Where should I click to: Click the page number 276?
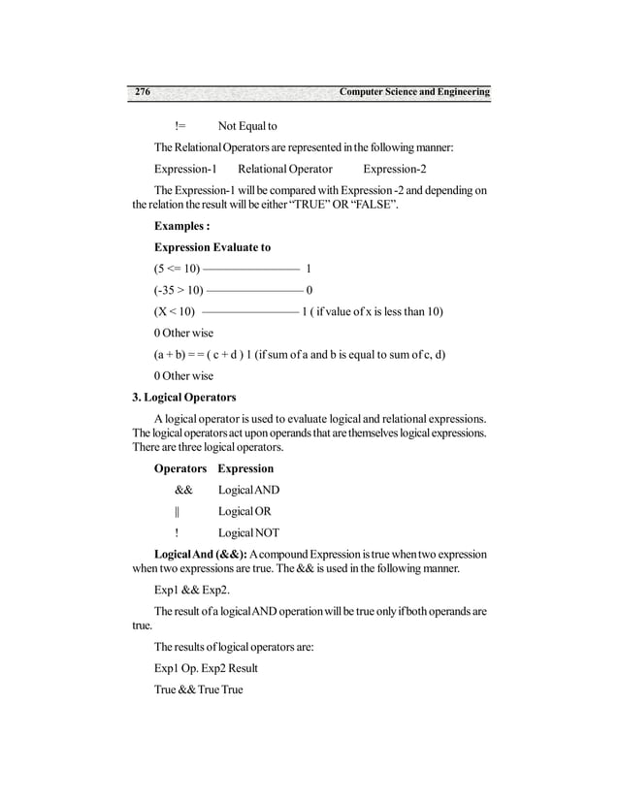click(x=142, y=92)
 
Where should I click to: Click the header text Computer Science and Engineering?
click(x=414, y=92)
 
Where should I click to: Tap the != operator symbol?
click(x=180, y=126)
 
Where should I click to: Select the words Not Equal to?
click(x=247, y=126)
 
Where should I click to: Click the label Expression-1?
click(x=185, y=169)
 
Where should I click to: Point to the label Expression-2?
click(x=395, y=169)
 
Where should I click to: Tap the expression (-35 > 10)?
click(x=179, y=290)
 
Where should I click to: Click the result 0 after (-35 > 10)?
click(x=309, y=290)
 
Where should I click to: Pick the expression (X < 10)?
click(x=175, y=311)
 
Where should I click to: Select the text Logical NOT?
click(x=249, y=532)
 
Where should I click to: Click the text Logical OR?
click(x=244, y=511)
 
